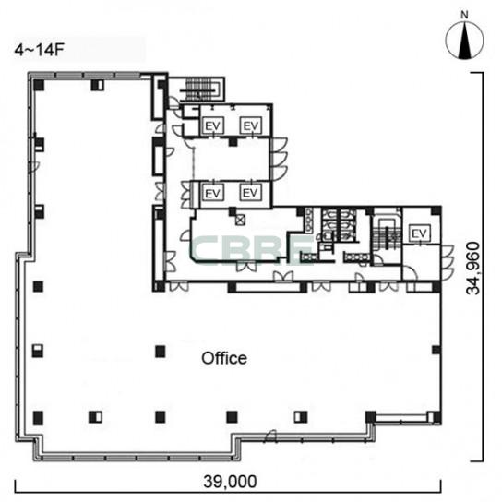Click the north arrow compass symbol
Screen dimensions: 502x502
click(464, 41)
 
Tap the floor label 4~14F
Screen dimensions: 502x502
click(40, 50)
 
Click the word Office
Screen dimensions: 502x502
click(224, 358)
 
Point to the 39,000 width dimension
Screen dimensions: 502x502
click(230, 482)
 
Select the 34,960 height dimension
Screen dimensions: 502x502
click(473, 269)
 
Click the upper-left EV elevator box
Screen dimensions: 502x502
click(213, 125)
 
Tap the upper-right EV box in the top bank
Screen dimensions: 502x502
click(251, 125)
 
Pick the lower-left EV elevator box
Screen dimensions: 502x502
click(213, 193)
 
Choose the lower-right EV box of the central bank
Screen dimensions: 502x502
click(250, 193)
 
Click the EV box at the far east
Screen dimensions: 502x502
click(419, 233)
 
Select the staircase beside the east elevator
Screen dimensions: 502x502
click(388, 237)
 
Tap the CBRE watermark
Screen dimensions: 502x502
click(251, 250)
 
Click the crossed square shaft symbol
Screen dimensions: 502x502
click(240, 220)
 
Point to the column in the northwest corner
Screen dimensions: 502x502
click(39, 85)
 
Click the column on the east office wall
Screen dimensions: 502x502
click(436, 350)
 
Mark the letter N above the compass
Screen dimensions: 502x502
click(464, 15)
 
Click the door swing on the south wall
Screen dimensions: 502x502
click(269, 436)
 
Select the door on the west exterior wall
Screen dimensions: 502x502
click(34, 166)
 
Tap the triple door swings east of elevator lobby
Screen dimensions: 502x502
click(280, 159)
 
